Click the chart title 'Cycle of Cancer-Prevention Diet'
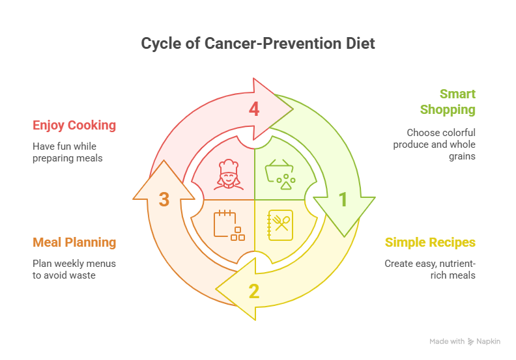tap(258, 44)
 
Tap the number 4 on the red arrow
tap(254, 109)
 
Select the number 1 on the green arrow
tap(343, 200)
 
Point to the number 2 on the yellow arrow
tap(254, 291)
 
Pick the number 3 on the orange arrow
tap(164, 200)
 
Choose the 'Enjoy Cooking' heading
tap(74, 125)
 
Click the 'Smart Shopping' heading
tap(448, 102)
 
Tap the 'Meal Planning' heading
tap(74, 243)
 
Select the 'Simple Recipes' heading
tap(430, 243)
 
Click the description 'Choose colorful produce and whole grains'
tap(433, 144)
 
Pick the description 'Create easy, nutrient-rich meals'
tap(430, 270)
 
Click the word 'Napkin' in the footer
tap(488, 342)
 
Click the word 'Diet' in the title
tap(361, 44)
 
